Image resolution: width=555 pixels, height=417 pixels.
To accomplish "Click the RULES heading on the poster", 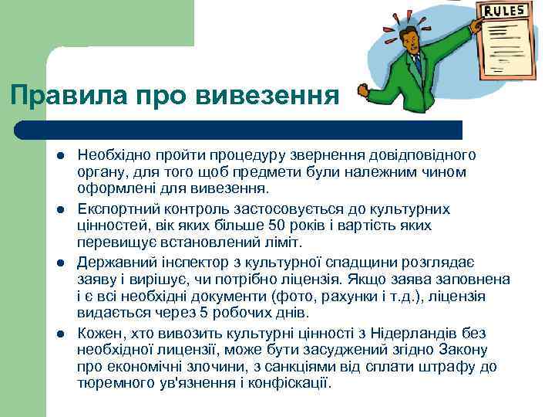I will (506, 11).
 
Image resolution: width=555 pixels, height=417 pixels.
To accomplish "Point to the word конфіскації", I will (294, 382).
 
